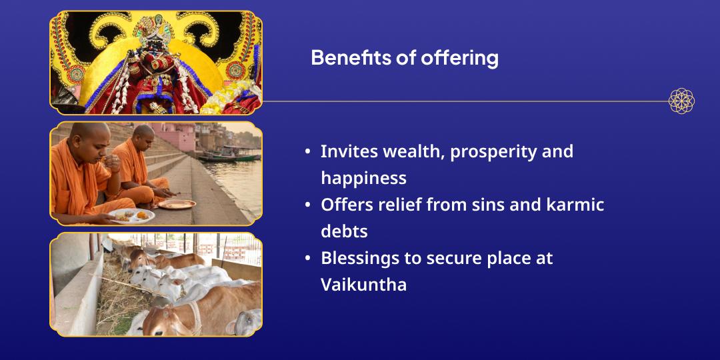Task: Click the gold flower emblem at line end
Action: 681,101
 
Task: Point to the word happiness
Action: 364,178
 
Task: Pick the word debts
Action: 345,231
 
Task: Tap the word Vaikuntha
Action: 364,285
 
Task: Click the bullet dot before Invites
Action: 307,152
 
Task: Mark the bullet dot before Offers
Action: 307,205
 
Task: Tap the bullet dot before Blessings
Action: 307,259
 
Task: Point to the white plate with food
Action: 132,215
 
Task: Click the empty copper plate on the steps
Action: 176,205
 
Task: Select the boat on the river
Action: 229,155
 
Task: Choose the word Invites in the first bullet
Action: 349,151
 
